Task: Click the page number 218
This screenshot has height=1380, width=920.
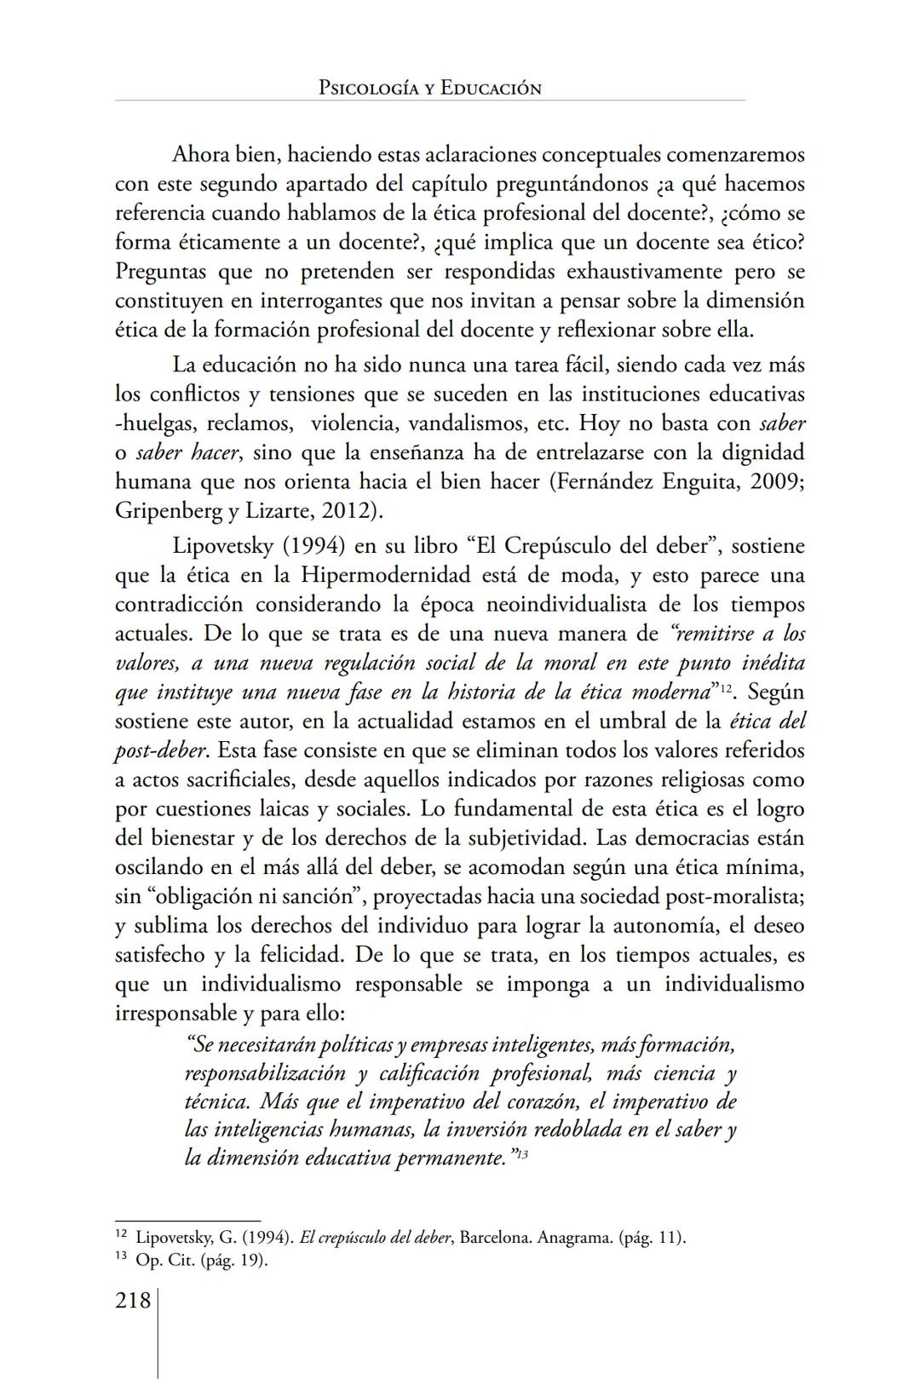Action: click(133, 1301)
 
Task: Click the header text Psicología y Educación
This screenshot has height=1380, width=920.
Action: click(429, 88)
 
